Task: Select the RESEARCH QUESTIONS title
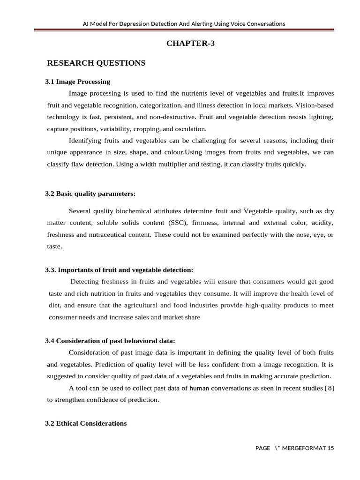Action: pyautogui.click(x=97, y=63)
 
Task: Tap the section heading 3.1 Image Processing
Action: pyautogui.click(x=77, y=82)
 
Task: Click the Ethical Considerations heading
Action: pyautogui.click(x=86, y=423)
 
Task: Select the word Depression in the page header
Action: pyautogui.click(x=144, y=23)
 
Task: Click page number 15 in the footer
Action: pyautogui.click(x=331, y=448)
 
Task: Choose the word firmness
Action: pyautogui.click(x=204, y=223)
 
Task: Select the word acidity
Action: pyautogui.click(x=322, y=223)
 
